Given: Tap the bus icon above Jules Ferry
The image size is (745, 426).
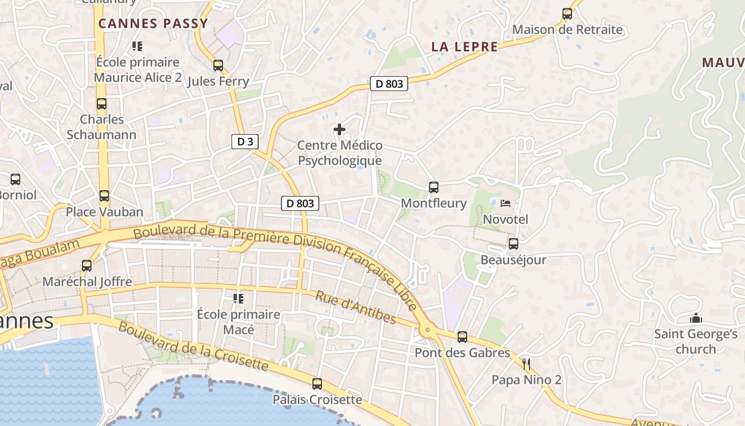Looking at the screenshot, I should [x=218, y=65].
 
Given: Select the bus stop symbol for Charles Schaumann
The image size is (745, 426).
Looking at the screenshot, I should [x=102, y=104].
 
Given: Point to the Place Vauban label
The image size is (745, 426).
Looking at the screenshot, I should [x=104, y=212].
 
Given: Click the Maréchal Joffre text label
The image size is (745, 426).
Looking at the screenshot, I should [x=87, y=282].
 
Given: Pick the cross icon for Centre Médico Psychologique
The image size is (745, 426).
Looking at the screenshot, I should [x=339, y=129].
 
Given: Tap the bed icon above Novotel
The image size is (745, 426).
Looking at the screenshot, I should [x=506, y=203].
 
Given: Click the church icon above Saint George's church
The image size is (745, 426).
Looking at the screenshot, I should [x=696, y=318].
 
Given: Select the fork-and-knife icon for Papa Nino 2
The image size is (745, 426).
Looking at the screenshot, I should [x=527, y=364].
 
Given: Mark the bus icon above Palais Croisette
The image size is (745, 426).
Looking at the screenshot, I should [x=317, y=383].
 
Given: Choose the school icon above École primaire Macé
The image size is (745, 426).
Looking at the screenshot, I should [x=238, y=298].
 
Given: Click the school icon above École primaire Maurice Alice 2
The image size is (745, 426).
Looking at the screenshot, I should [x=137, y=46].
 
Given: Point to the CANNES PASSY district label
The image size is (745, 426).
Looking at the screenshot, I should [x=153, y=23].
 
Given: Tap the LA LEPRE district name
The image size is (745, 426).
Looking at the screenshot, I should [x=465, y=47].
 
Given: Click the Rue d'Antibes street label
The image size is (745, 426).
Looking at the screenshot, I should [x=355, y=307].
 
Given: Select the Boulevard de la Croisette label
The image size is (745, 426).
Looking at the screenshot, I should [x=193, y=346].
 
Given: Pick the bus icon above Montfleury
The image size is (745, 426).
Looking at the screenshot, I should [x=434, y=187].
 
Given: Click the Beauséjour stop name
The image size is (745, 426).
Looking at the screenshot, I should [x=513, y=260].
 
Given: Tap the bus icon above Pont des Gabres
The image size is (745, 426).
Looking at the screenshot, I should [x=462, y=337].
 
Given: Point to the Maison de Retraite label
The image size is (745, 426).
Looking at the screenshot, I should [x=567, y=30].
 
